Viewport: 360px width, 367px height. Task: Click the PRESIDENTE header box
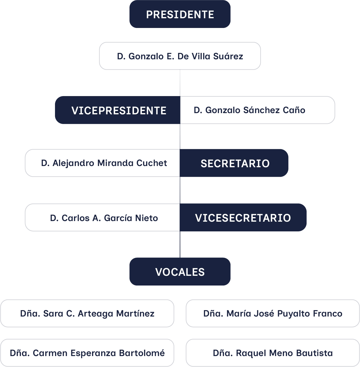[180, 14]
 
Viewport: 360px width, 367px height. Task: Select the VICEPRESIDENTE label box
[118, 110]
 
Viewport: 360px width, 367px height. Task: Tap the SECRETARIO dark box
[234, 163]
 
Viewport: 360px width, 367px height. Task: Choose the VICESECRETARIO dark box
[243, 217]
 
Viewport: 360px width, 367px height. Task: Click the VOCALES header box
[180, 272]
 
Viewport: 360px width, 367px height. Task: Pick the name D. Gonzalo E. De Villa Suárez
[180, 56]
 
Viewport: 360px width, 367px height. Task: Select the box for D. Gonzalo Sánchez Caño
[257, 110]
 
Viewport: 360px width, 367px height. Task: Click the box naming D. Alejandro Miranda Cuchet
[102, 163]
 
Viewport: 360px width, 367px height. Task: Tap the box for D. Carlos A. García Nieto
[102, 217]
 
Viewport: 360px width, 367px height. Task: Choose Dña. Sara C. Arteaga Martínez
[87, 313]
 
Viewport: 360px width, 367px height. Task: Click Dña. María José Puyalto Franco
[273, 313]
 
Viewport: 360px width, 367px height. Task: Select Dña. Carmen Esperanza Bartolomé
[87, 353]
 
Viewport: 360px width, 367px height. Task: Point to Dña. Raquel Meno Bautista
[273, 353]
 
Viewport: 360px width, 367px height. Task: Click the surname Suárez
[228, 56]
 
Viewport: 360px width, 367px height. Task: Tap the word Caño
[294, 110]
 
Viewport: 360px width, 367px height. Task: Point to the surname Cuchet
[152, 163]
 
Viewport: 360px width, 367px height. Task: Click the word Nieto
[146, 218]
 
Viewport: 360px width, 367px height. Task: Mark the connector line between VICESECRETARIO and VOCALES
[180, 244]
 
